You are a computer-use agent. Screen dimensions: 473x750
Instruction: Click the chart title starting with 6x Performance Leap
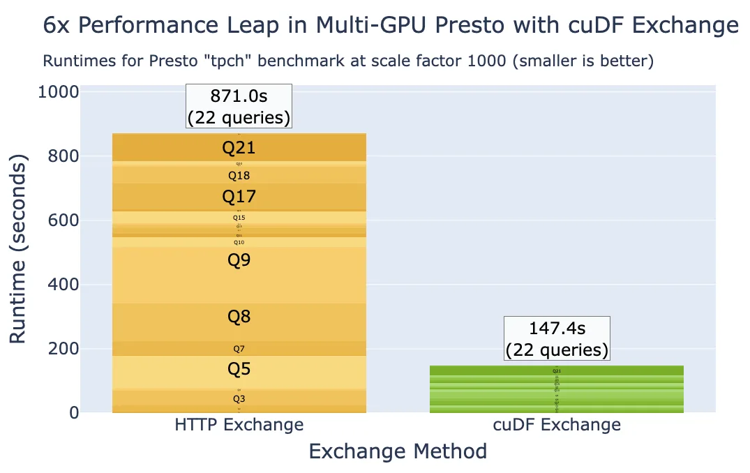(390, 26)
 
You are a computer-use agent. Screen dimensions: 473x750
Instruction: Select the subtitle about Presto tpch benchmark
(347, 61)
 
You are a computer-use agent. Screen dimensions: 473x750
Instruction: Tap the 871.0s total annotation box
(239, 106)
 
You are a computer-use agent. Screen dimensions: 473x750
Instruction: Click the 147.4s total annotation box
(556, 338)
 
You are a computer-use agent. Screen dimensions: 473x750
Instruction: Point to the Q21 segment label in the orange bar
(239, 147)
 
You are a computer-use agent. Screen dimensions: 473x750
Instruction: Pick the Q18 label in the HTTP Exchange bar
(239, 176)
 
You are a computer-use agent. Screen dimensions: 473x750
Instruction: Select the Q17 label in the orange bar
(239, 197)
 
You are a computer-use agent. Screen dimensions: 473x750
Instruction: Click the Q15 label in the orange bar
(239, 218)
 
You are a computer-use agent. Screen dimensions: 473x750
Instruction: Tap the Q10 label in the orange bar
(239, 242)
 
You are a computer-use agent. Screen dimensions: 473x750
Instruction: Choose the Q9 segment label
(239, 260)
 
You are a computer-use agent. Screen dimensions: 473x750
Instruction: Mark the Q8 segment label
(239, 317)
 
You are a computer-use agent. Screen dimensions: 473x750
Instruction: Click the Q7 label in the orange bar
(239, 349)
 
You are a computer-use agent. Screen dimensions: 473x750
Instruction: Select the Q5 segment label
(239, 369)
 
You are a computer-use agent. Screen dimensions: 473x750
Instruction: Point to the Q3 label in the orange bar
(239, 399)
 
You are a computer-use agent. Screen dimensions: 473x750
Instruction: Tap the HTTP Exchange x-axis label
(239, 424)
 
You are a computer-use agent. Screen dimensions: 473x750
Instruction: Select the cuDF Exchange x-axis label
(556, 424)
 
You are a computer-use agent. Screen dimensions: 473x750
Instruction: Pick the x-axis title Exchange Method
(398, 451)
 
